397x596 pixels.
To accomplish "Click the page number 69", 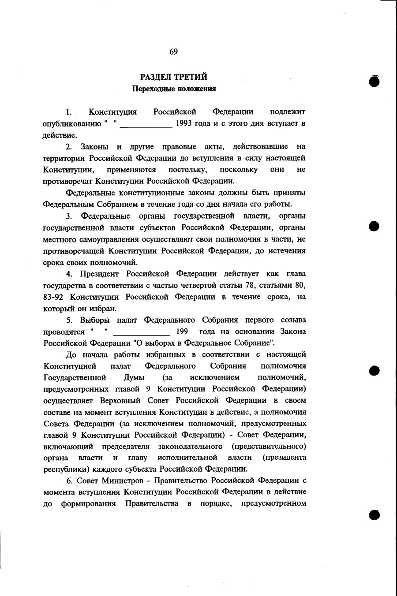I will (173, 52).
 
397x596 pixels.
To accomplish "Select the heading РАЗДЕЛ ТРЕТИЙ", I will (174, 77).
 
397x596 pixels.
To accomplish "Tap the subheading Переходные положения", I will (174, 89).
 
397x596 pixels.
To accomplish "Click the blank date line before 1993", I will (146, 125).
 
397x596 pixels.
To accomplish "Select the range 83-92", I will (54, 297).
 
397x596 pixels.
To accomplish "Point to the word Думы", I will (134, 378).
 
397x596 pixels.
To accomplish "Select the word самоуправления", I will (105, 239).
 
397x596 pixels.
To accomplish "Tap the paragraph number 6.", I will (68, 480).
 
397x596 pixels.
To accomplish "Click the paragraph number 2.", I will (68, 146).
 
